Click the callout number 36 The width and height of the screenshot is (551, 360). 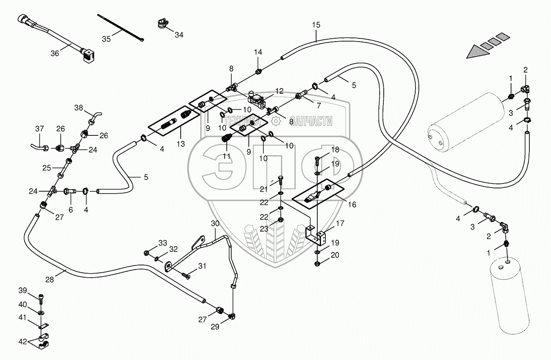55,53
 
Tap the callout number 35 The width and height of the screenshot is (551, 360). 106,39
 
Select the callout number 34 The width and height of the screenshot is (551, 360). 179,35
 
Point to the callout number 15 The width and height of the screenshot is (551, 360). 316,25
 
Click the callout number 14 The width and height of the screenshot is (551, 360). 258,52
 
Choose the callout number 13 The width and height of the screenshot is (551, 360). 181,144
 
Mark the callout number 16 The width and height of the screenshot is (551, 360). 352,205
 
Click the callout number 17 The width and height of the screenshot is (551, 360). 340,223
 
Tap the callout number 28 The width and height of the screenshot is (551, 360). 49,279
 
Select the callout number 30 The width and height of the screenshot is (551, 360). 215,223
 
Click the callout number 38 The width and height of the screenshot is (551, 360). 79,108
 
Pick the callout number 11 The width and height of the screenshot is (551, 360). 226,156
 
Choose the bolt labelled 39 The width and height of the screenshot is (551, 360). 41,299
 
